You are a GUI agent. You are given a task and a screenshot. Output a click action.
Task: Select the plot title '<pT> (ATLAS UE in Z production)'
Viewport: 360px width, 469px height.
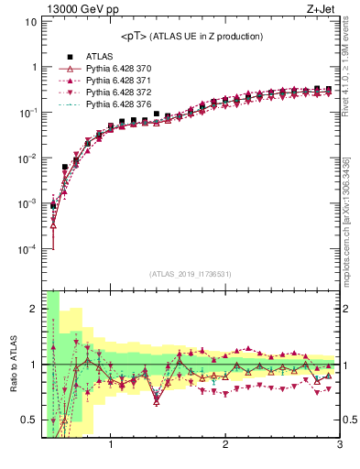[x=191, y=37]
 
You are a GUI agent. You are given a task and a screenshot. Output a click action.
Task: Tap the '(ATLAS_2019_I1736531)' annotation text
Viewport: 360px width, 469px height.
[x=191, y=274]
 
